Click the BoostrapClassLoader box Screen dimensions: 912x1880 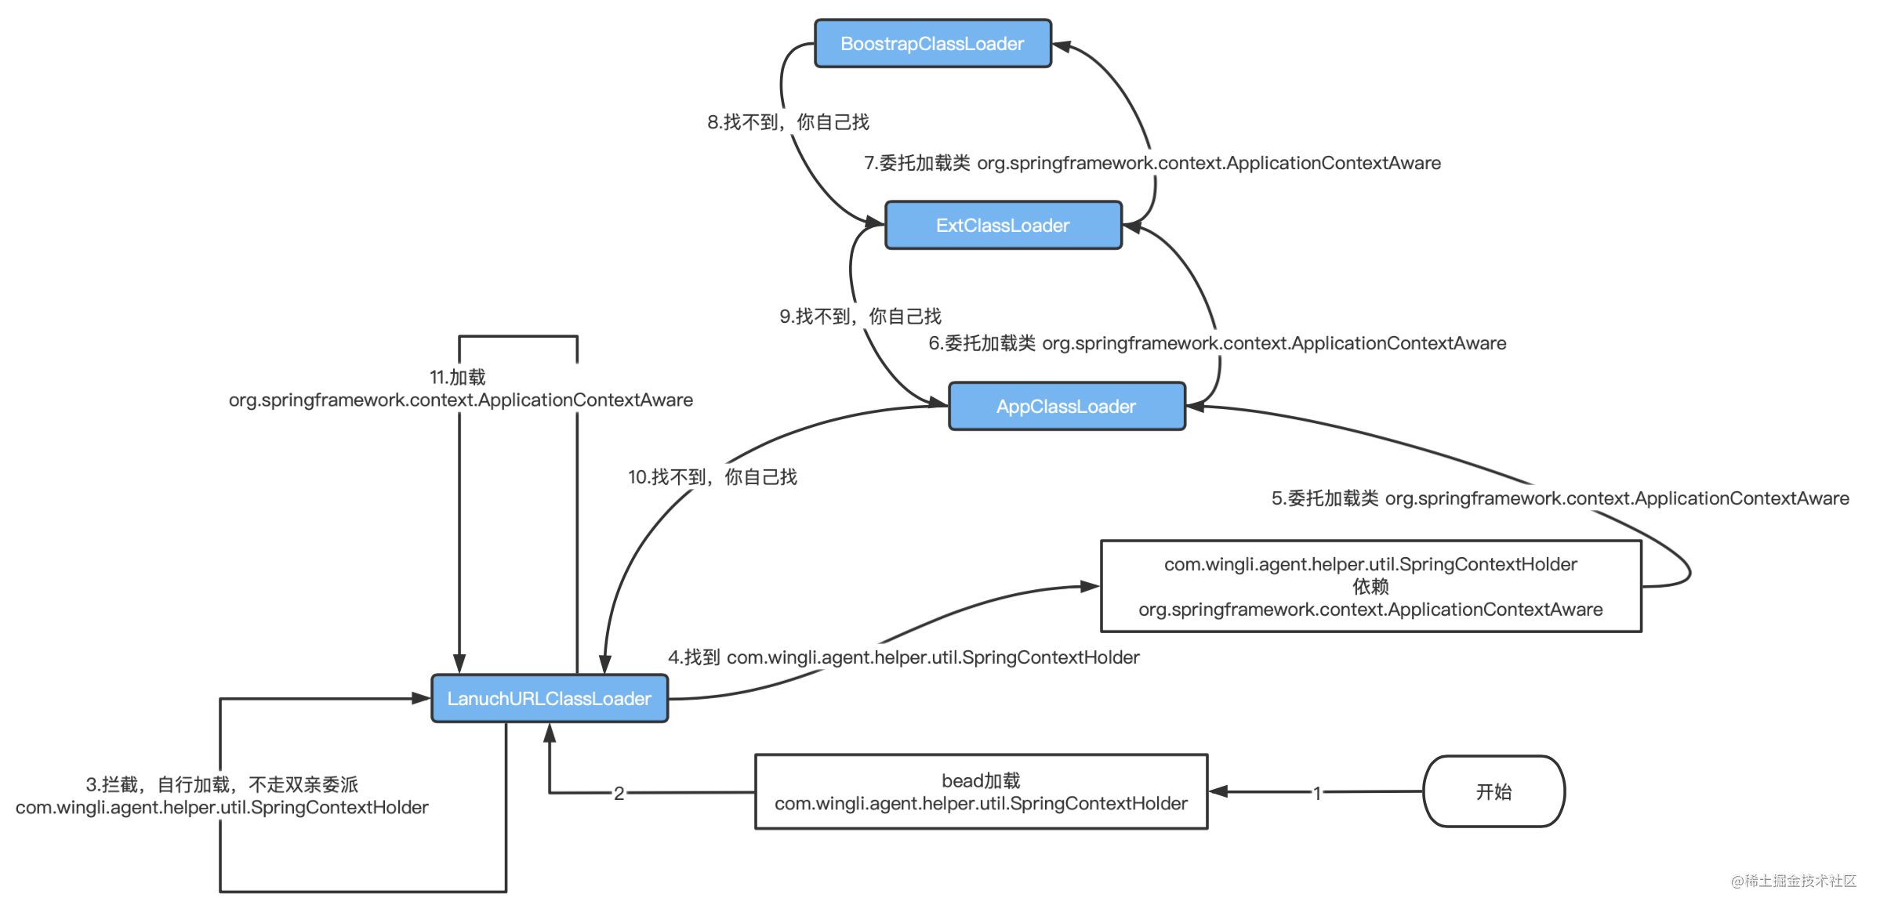point(932,44)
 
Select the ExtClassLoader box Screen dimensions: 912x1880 point(1003,226)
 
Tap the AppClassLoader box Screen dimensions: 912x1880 point(1066,407)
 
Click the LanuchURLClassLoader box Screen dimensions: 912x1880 point(549,698)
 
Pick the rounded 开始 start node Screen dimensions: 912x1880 point(1493,791)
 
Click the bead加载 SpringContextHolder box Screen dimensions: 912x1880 point(981,792)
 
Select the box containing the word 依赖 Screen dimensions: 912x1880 point(1370,586)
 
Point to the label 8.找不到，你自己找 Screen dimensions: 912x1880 point(788,122)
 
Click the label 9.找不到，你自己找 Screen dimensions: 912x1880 point(860,317)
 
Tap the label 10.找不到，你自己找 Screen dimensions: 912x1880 point(712,477)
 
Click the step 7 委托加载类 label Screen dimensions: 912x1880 point(1152,163)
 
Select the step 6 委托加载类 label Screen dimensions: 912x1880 point(1217,343)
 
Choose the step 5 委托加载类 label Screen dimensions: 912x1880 point(1559,498)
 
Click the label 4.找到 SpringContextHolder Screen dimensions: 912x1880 point(903,657)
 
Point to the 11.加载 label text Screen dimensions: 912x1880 point(460,389)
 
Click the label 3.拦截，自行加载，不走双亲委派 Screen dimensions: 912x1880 point(222,795)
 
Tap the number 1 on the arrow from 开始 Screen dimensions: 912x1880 point(1317,793)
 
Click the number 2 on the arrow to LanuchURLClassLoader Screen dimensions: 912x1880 point(619,793)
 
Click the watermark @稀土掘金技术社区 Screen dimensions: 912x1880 point(1793,881)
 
